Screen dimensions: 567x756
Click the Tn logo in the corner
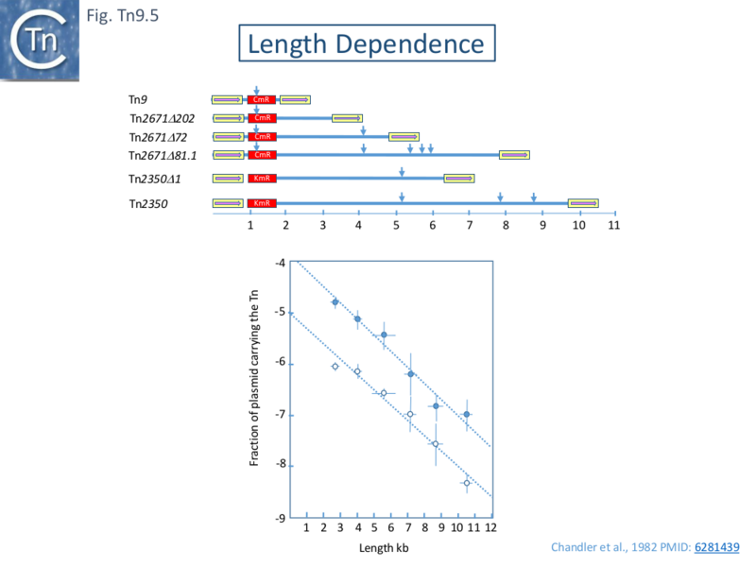(x=40, y=40)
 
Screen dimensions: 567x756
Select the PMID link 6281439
(x=717, y=546)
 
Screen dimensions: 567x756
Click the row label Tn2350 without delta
(x=148, y=203)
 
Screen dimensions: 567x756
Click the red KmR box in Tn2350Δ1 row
(x=262, y=179)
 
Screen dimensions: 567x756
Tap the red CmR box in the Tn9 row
(x=262, y=99)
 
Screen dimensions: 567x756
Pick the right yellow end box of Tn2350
(x=582, y=203)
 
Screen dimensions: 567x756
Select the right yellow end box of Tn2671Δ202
(x=347, y=118)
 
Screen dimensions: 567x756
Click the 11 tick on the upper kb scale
(x=615, y=226)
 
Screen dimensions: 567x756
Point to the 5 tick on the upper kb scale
(x=396, y=226)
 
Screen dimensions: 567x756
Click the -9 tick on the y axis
(x=280, y=518)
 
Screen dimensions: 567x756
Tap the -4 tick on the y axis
(x=280, y=262)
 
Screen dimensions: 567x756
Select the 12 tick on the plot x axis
(x=490, y=529)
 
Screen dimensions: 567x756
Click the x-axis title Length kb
(x=384, y=548)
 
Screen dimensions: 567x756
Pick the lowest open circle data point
(x=466, y=483)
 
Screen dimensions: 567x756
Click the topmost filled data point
(x=335, y=302)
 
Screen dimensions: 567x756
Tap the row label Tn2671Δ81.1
(x=163, y=155)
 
